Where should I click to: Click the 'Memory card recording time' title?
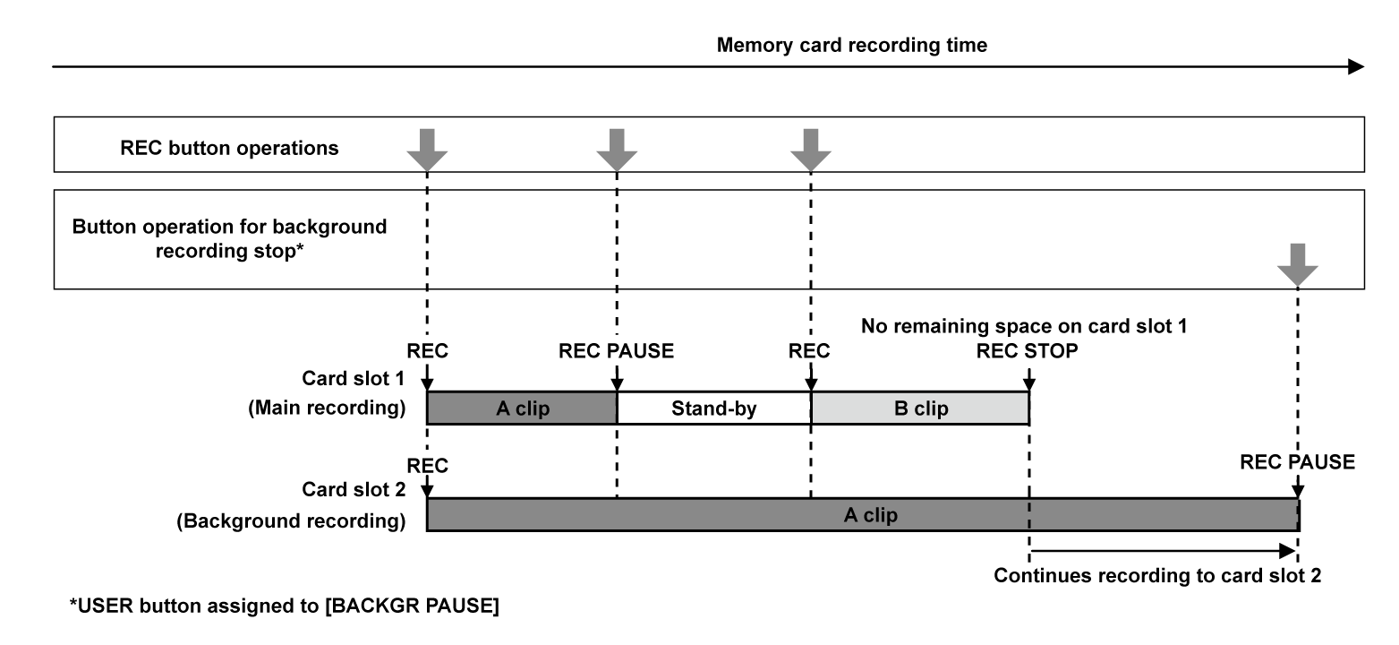(851, 45)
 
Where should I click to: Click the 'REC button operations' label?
(229, 148)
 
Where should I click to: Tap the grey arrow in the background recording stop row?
(1298, 264)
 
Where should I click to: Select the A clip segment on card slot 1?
(522, 408)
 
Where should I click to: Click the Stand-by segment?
(713, 408)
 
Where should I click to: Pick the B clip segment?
(920, 408)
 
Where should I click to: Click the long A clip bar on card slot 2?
(862, 515)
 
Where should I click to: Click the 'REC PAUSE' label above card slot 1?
(616, 351)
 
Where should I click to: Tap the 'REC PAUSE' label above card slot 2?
(1297, 462)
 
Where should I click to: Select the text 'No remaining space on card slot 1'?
(1024, 327)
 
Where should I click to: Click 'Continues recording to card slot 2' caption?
(1157, 575)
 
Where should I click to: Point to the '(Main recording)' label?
(326, 409)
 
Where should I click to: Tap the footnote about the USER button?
(285, 606)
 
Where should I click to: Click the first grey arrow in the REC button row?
(427, 149)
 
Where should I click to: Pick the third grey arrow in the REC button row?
(810, 149)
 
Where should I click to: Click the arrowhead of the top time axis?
(1355, 66)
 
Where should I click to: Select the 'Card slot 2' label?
(355, 490)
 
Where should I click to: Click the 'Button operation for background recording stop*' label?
(229, 237)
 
